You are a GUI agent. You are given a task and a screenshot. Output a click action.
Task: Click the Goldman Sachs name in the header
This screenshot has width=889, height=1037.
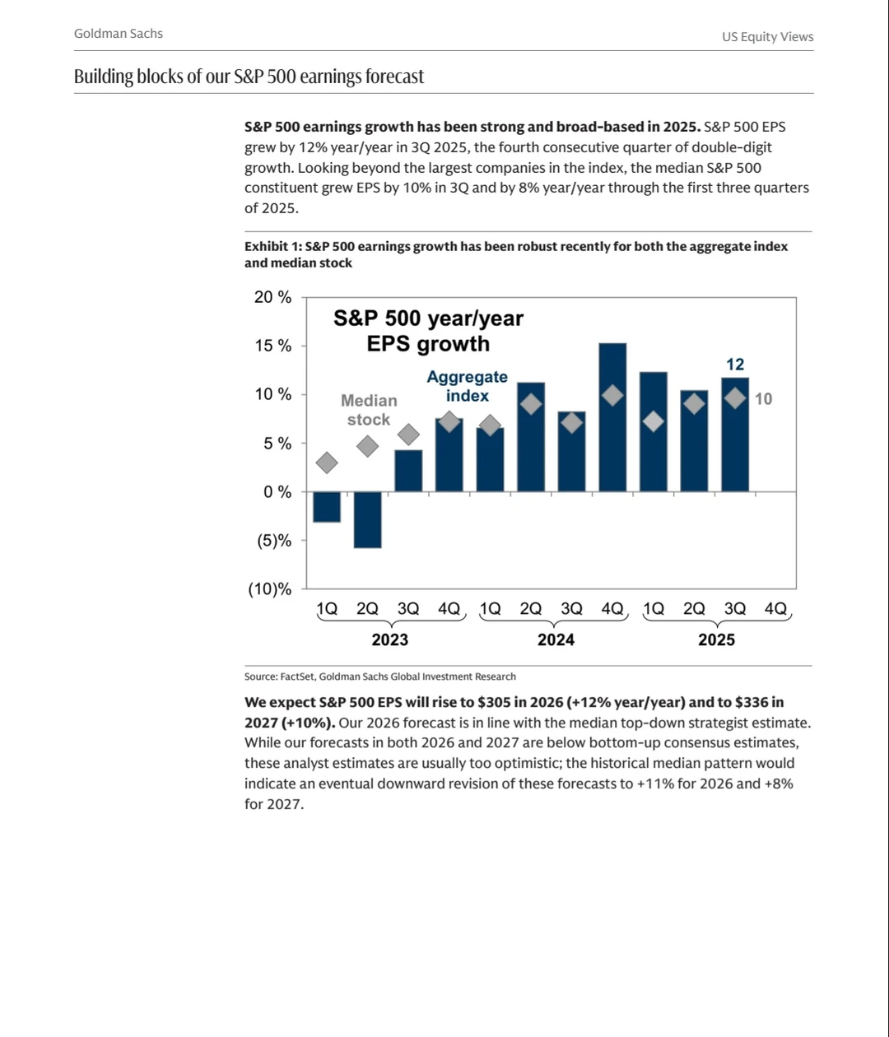119,34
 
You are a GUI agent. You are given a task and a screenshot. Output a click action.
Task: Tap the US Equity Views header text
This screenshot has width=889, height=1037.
767,37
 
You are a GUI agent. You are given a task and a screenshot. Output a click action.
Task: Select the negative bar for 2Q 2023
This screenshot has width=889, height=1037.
367,519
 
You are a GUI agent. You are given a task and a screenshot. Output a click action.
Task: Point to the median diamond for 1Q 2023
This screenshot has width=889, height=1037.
327,463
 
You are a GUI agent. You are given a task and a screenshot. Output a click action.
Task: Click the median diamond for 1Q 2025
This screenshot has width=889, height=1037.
653,421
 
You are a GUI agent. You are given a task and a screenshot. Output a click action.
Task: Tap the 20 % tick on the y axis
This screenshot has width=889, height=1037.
272,297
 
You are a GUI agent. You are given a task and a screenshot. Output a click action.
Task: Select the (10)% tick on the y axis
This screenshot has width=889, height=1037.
270,588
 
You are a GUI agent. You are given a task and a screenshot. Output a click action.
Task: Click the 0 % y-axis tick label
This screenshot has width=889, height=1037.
272,492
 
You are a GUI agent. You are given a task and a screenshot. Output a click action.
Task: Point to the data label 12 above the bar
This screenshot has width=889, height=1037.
735,364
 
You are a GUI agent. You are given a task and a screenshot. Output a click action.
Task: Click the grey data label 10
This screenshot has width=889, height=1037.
763,399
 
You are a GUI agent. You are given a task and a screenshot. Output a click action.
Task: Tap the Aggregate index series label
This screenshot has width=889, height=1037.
467,386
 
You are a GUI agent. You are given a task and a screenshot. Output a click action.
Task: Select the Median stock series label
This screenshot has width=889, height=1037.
369,410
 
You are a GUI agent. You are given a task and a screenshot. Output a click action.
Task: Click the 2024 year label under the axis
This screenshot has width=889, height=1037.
556,639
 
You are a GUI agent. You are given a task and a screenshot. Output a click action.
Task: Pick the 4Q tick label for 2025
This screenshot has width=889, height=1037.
775,609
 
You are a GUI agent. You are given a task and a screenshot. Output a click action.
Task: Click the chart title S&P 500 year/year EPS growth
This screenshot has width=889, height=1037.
428,331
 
